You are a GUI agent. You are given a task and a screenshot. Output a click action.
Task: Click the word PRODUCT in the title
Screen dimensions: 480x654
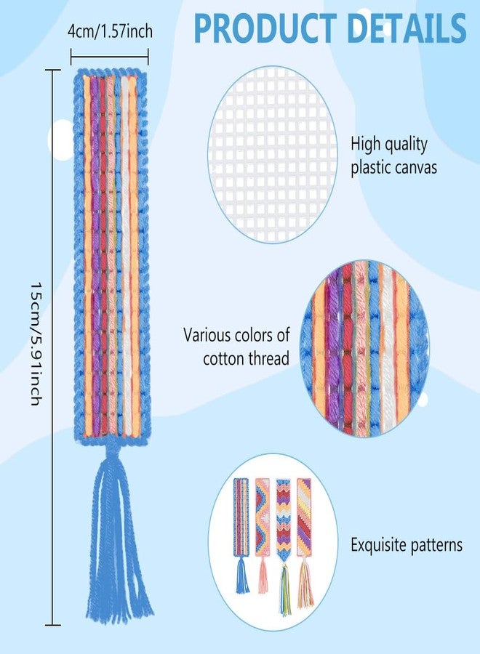(265, 28)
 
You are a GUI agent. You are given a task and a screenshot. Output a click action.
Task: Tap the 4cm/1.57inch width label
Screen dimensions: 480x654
(110, 31)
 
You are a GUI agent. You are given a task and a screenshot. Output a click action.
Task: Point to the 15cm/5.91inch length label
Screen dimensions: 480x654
(36, 344)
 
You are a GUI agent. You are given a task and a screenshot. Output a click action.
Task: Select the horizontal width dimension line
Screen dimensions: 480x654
(109, 56)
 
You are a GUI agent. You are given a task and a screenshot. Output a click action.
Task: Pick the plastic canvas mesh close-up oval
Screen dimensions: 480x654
(272, 155)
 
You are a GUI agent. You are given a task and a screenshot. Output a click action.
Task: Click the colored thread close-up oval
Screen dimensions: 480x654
(364, 348)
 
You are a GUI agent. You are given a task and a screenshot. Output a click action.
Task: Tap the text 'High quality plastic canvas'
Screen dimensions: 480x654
(393, 156)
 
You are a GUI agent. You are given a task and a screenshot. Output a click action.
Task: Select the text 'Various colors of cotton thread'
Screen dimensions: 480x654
(236, 346)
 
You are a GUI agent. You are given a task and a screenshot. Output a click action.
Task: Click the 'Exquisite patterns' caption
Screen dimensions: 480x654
(406, 545)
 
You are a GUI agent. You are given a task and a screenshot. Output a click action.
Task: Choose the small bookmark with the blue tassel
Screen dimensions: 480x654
(241, 536)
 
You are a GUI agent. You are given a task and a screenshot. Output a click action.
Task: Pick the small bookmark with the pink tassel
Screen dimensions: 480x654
(263, 536)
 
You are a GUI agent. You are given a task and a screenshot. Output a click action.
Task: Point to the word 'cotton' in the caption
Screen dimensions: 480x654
(224, 359)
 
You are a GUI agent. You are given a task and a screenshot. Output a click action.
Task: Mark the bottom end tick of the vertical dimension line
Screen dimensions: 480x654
(52, 625)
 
